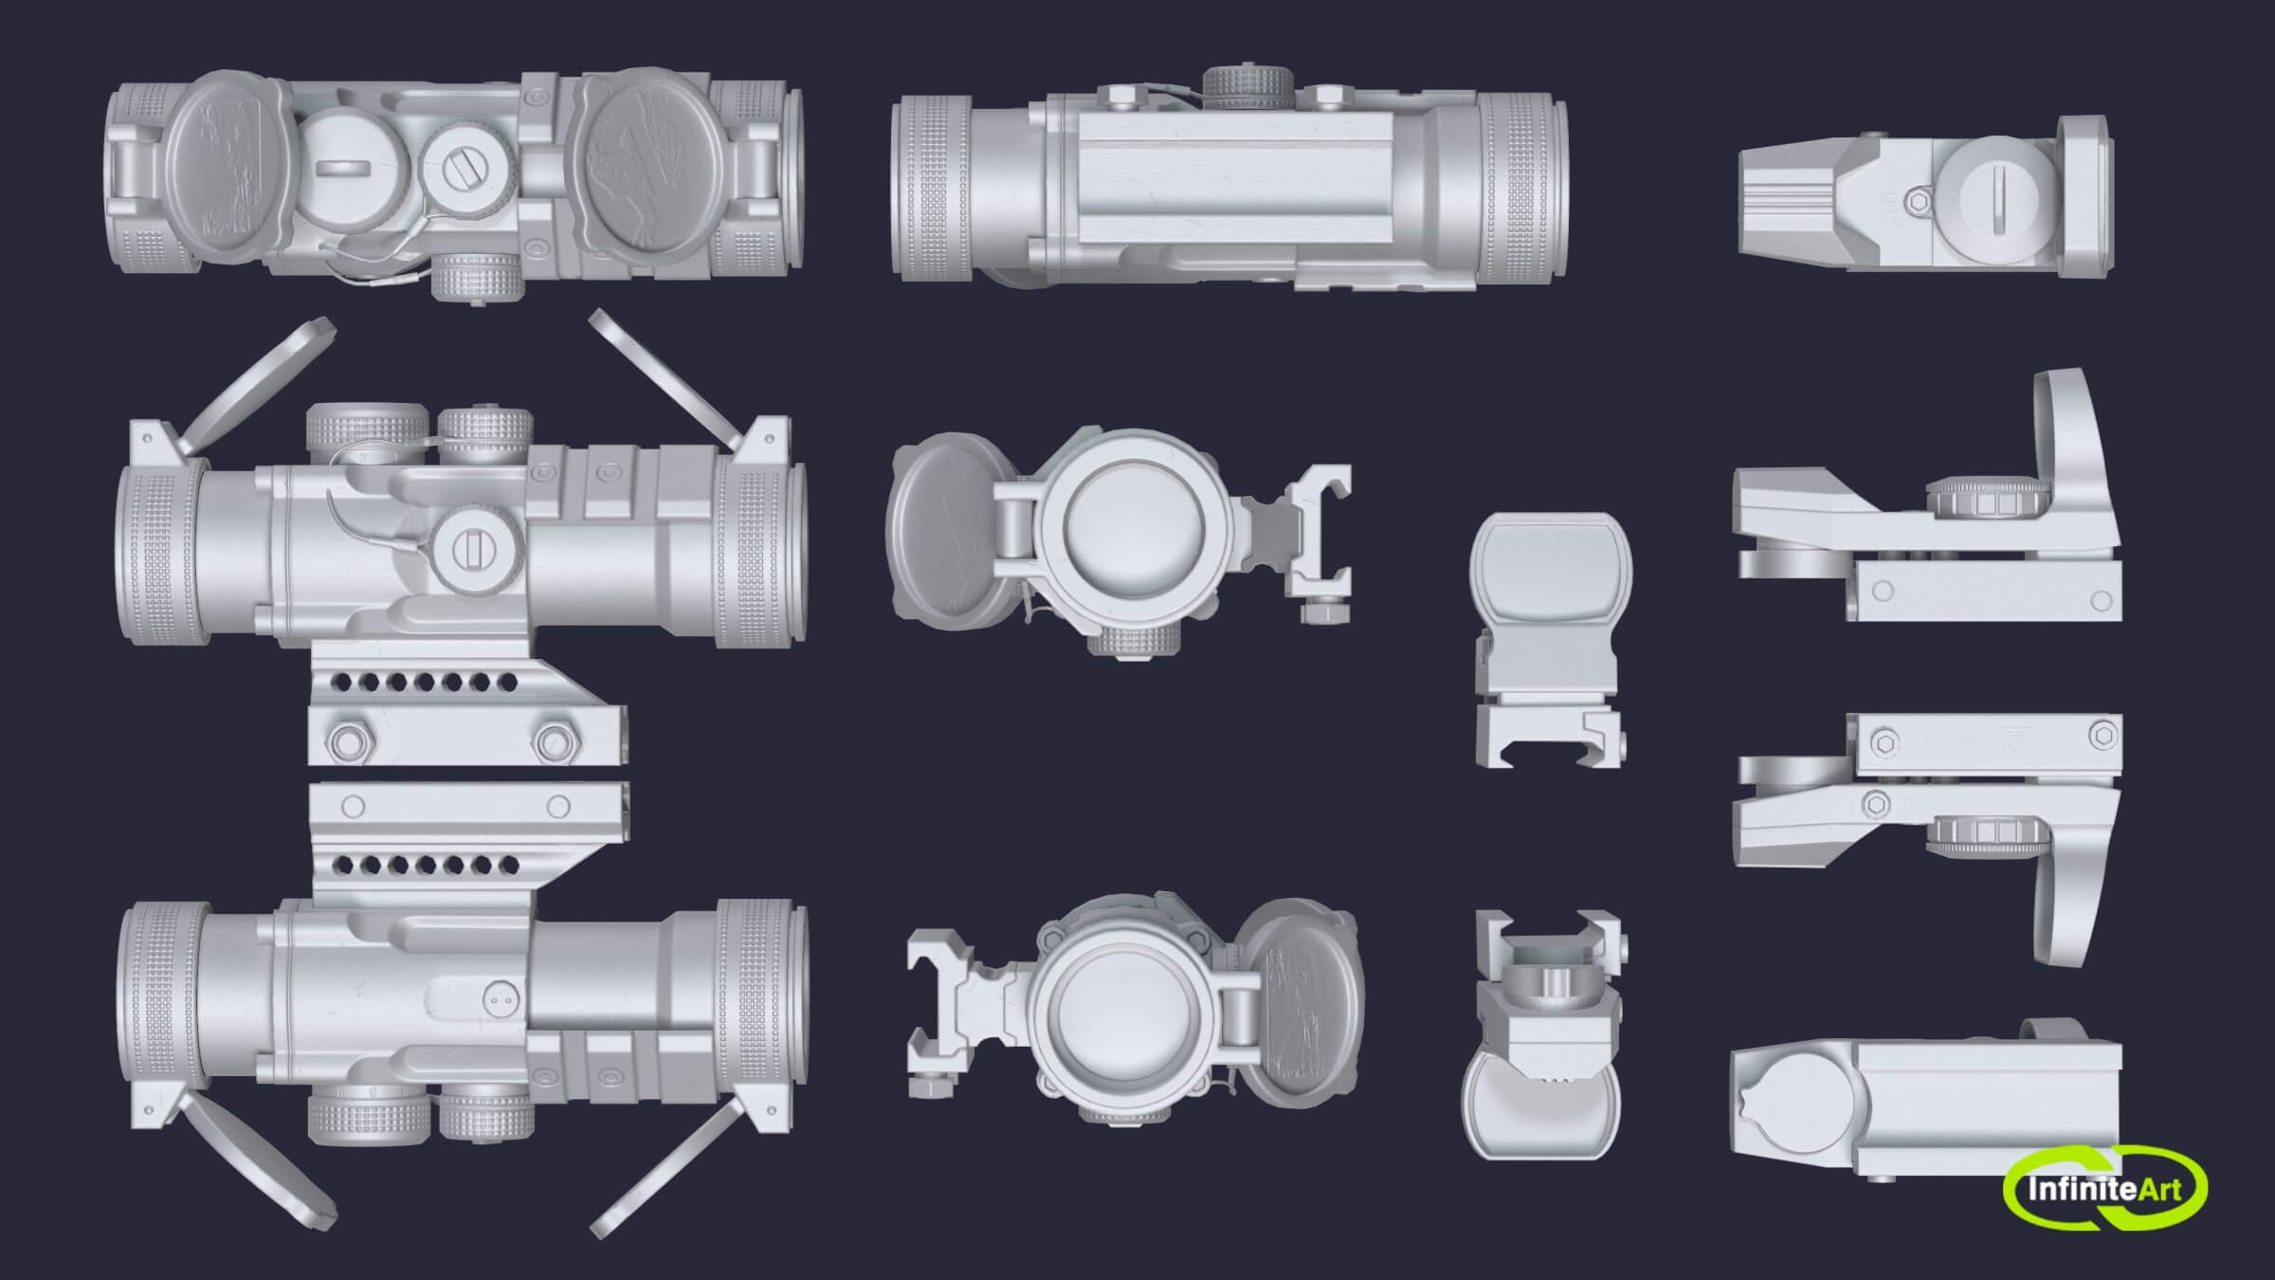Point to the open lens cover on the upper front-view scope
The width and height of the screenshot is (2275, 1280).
click(938, 526)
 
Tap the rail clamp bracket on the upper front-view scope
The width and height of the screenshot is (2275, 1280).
click(1313, 540)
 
